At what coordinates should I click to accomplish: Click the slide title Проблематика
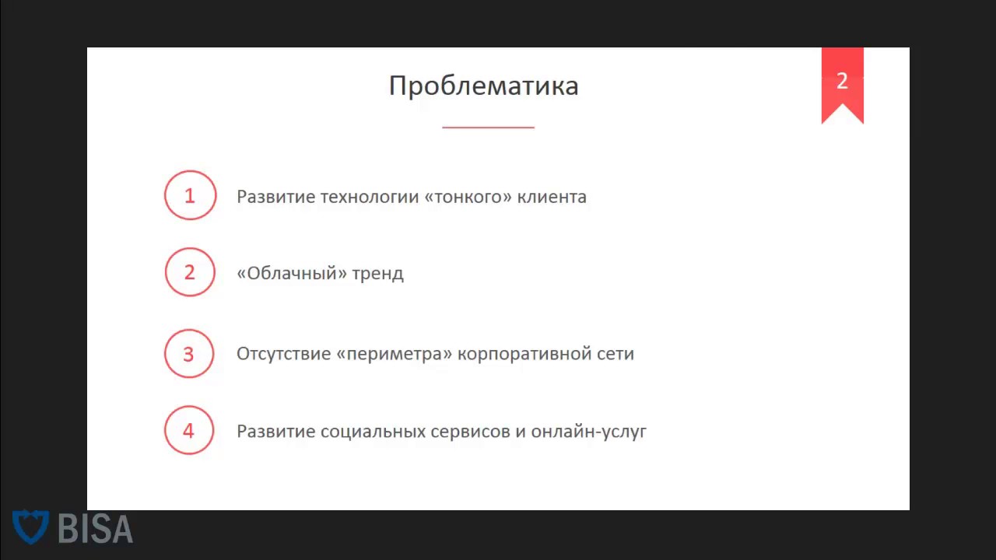[x=483, y=86]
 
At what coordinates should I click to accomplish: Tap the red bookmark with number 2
[x=842, y=82]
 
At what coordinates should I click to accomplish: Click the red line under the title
[x=488, y=127]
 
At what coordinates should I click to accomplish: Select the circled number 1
[x=190, y=195]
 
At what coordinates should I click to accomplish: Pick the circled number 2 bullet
[x=190, y=272]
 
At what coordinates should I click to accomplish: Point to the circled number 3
[x=189, y=354]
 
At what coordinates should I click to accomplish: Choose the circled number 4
[x=189, y=430]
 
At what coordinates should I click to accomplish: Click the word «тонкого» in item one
[x=468, y=197]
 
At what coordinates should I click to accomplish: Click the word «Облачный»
[x=292, y=274]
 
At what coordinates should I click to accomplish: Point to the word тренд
[x=377, y=274]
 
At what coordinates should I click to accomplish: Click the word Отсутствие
[x=283, y=354]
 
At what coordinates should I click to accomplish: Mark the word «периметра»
[x=395, y=354]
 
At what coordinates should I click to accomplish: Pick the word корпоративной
[x=524, y=354]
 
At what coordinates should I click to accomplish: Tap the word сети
[x=615, y=354]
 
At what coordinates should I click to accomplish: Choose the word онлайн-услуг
[x=589, y=432]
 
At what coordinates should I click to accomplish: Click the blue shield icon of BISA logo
[x=31, y=527]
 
